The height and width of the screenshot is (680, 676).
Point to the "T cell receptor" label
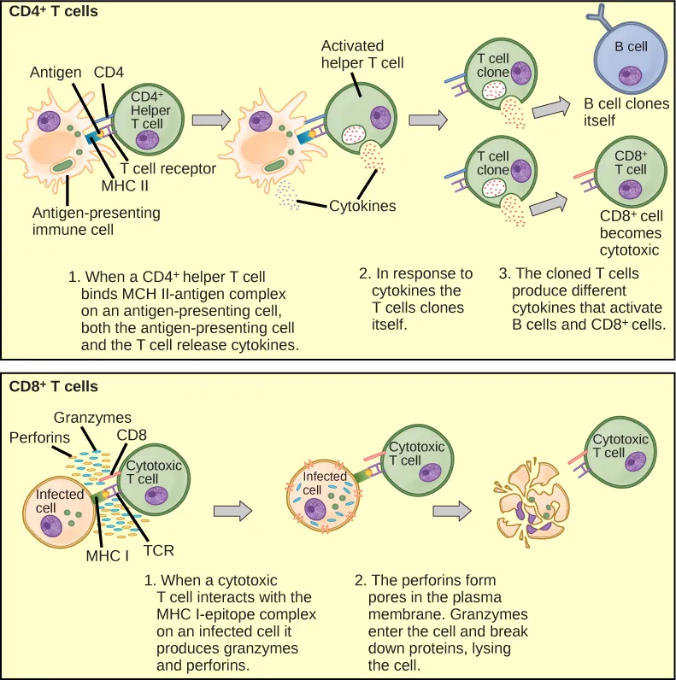tap(168, 168)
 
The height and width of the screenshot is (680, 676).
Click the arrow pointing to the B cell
tap(552, 107)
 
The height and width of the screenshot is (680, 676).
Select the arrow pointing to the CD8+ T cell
tap(550, 203)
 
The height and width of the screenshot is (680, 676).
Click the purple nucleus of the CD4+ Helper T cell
tap(148, 139)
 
